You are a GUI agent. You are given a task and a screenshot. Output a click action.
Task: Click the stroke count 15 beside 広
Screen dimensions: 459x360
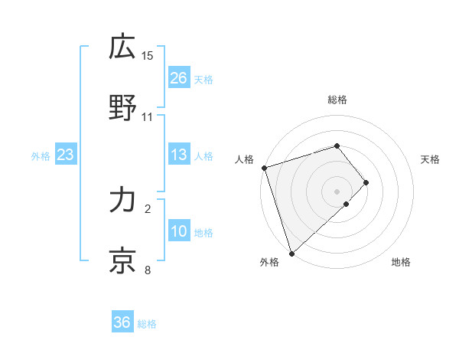pos(148,55)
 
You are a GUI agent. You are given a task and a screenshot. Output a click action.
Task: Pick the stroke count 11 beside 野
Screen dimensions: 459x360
pos(148,117)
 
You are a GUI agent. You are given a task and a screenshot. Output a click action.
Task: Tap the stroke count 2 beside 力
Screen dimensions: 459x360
pos(148,208)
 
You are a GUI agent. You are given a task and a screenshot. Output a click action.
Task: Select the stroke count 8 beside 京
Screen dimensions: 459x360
pos(148,270)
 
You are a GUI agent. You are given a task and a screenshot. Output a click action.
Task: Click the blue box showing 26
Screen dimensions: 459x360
pos(179,78)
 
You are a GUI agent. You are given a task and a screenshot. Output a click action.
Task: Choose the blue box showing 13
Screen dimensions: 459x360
pos(179,155)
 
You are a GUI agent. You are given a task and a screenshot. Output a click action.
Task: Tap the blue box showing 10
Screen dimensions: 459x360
pos(179,232)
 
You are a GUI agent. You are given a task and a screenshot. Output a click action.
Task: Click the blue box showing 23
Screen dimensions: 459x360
pos(66,155)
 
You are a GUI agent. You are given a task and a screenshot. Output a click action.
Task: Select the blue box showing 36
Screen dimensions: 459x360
pos(122,323)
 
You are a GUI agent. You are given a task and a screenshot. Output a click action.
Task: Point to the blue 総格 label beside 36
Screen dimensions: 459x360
pos(147,324)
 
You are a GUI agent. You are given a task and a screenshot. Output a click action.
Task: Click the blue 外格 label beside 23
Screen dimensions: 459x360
pos(41,156)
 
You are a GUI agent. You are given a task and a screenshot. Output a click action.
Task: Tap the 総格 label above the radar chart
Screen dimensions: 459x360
pos(337,100)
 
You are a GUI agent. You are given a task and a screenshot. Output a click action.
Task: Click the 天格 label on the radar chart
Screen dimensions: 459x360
pos(430,159)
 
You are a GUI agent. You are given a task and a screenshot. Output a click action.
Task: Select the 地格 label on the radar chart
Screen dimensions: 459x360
pos(401,263)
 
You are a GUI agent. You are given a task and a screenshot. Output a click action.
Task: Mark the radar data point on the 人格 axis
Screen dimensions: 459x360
pos(264,168)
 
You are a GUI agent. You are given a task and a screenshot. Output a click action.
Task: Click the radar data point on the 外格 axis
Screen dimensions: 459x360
pos(291,253)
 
